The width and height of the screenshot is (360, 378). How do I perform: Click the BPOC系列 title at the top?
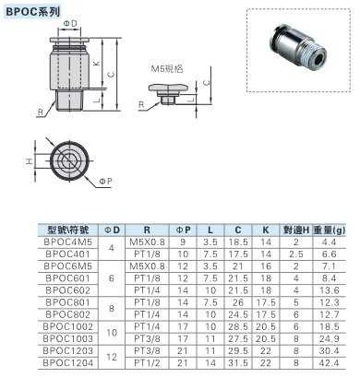coord(32,12)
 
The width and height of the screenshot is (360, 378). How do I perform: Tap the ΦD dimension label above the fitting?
coord(70,24)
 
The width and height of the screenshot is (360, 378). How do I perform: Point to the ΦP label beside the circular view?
coord(105,182)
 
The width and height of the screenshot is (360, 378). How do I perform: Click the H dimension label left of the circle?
coord(29,160)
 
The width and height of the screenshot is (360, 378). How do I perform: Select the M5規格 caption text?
coord(167,68)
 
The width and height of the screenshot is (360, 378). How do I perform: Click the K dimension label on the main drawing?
coord(97,64)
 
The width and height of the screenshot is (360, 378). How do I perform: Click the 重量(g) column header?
coord(330,230)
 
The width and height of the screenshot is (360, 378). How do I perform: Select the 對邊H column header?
coord(296,230)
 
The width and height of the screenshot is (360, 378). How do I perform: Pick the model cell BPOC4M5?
coord(68,242)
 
